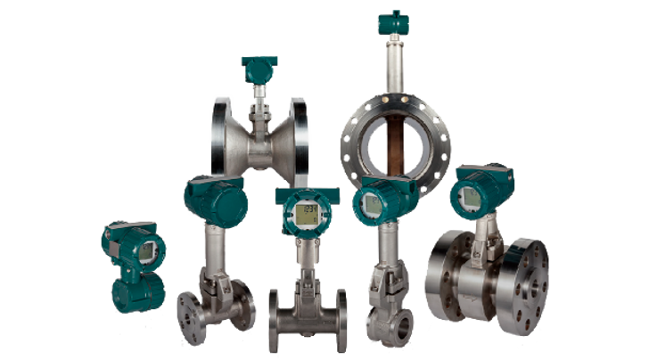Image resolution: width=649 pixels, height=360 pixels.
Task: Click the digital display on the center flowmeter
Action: pos(308,213)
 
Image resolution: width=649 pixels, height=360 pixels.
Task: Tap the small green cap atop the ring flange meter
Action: pos(391,20)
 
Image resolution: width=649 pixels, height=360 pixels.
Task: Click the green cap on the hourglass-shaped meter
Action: pos(259,65)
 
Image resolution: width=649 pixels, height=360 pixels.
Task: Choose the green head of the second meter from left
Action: pos(215,200)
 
